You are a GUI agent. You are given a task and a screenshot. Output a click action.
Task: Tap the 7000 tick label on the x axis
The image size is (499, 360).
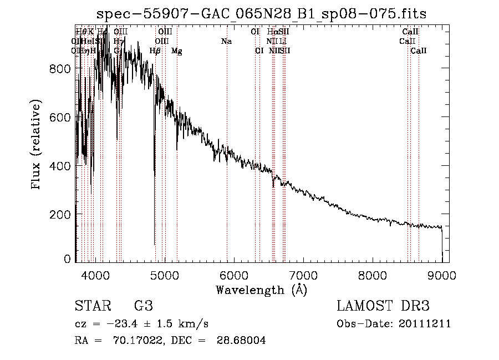tap(303, 275)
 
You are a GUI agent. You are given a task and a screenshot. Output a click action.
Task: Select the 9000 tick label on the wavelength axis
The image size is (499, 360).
tap(442, 275)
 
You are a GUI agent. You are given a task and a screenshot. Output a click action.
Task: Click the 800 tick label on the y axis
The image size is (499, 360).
tap(62, 69)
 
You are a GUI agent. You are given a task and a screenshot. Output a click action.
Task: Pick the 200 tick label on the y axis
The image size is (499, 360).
tap(62, 214)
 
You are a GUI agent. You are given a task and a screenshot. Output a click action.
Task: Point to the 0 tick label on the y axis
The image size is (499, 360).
tap(68, 259)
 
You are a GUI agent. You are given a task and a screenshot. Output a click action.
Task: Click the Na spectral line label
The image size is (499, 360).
tap(226, 42)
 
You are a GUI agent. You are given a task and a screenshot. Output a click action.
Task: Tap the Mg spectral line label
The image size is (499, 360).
tap(177, 51)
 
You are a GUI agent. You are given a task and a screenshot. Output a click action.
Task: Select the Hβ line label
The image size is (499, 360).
tap(155, 51)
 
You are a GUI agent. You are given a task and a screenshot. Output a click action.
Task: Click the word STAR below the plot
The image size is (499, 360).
tap(91, 306)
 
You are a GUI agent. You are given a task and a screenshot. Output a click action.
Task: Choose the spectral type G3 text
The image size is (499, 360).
tap(143, 306)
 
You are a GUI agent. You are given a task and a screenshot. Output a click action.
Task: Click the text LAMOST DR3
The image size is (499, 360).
tap(383, 306)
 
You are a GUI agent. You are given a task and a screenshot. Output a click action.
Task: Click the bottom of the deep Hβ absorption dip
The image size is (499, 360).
tap(154, 244)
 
